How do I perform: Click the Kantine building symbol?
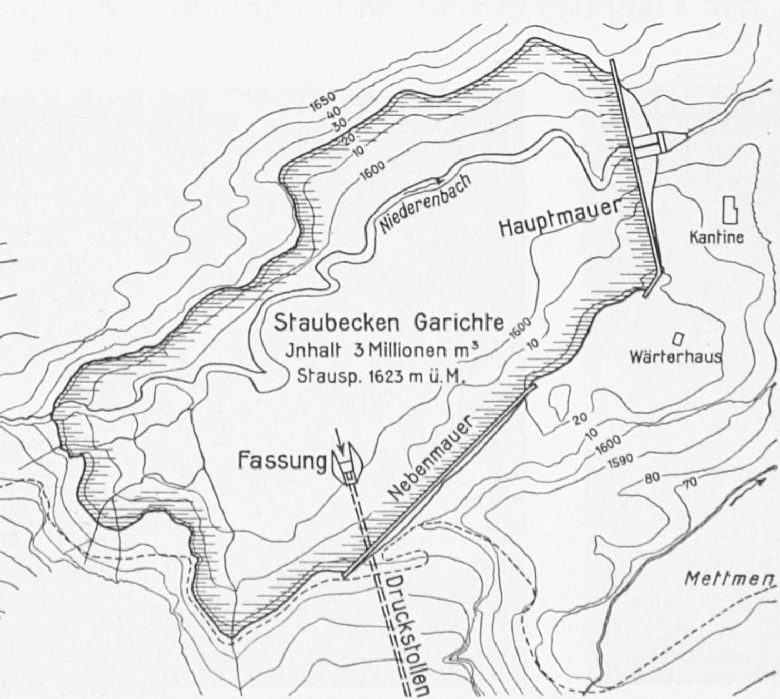(x=730, y=209)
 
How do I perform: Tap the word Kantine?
(x=716, y=237)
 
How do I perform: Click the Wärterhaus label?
(x=675, y=357)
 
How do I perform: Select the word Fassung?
(x=282, y=461)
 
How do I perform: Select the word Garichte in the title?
(x=459, y=323)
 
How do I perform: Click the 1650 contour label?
(x=322, y=102)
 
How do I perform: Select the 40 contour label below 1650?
(x=333, y=112)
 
